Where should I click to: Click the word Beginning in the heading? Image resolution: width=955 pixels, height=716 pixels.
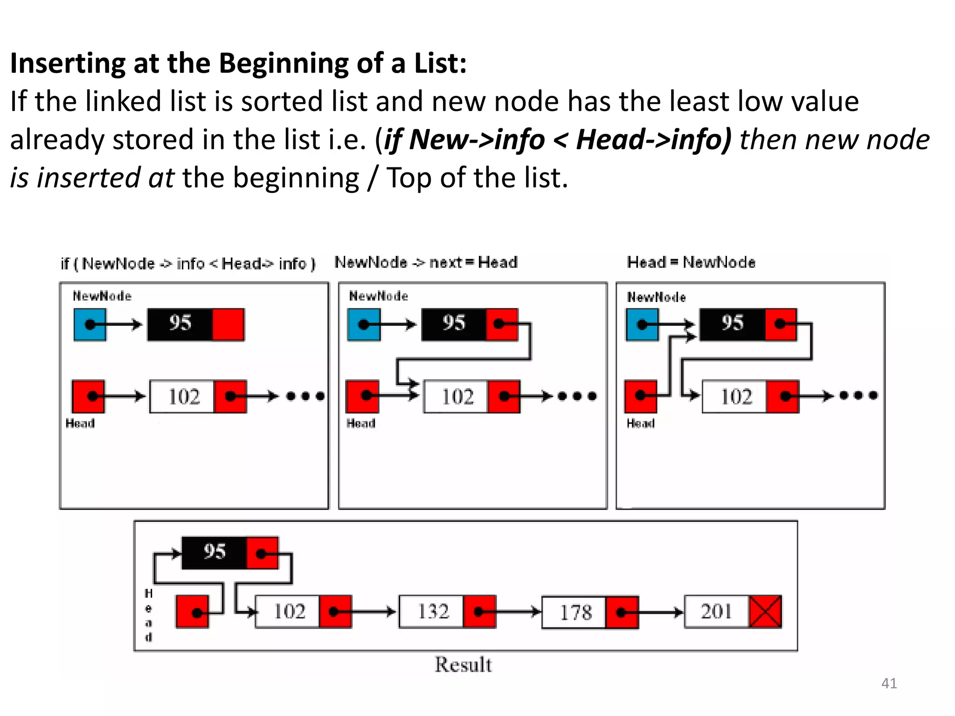(x=284, y=63)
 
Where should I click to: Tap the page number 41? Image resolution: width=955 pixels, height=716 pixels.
(x=889, y=683)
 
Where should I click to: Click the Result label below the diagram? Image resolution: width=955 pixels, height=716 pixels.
(x=463, y=665)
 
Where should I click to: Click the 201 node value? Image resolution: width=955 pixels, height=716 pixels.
(x=717, y=612)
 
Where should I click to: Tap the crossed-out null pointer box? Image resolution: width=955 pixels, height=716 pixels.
(x=765, y=612)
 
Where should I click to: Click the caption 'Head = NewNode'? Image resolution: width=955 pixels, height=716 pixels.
(x=691, y=262)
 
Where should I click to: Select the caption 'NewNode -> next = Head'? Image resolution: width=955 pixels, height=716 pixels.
(x=426, y=262)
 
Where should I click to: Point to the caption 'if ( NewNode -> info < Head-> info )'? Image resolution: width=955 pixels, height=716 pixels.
(x=188, y=264)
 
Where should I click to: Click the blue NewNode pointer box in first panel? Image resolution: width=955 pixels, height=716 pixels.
(x=90, y=324)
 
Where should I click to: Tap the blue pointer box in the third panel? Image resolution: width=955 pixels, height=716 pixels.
(x=642, y=324)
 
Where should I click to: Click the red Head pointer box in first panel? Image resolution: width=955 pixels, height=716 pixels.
(x=89, y=396)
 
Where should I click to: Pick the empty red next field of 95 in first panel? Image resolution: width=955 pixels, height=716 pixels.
(x=228, y=324)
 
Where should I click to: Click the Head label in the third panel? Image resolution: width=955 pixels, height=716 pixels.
(x=641, y=423)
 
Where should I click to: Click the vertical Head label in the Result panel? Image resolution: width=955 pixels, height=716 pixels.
(x=148, y=615)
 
